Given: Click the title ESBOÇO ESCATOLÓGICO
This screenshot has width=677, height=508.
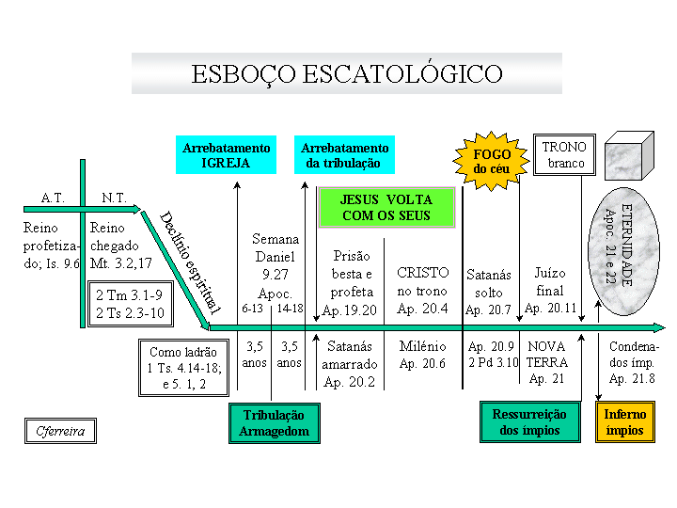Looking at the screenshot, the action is (347, 74).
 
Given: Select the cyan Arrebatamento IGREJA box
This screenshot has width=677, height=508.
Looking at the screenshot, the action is (226, 155).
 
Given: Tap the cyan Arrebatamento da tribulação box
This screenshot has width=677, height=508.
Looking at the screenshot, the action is (344, 155).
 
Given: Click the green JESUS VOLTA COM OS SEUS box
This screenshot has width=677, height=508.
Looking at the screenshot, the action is (386, 207).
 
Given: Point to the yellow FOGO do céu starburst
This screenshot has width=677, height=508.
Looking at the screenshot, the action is (491, 161).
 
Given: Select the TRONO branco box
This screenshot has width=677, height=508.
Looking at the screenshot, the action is (564, 154).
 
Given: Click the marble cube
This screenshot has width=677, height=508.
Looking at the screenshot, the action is (629, 155).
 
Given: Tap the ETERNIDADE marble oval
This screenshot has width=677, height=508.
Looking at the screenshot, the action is (623, 251).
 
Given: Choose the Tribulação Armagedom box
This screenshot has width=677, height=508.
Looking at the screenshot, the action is (275, 423).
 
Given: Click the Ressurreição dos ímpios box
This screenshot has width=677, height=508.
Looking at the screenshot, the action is (529, 422).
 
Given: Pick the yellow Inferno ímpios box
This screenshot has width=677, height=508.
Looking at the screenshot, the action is (624, 422).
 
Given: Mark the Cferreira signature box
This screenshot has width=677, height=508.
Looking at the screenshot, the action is (60, 431).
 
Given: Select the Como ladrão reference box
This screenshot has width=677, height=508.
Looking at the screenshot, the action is (183, 368).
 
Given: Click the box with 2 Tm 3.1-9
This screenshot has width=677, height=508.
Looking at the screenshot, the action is (131, 304).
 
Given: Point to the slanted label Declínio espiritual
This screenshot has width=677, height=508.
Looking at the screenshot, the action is (190, 262).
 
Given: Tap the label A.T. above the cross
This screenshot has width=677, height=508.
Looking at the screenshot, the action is (53, 198).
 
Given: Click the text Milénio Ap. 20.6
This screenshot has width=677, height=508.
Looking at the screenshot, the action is (422, 355).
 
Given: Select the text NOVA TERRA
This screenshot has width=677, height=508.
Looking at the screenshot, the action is (546, 355).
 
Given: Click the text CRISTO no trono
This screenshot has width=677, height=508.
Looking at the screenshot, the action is (423, 281).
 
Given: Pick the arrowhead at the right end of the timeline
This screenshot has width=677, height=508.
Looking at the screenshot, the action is (659, 327).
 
